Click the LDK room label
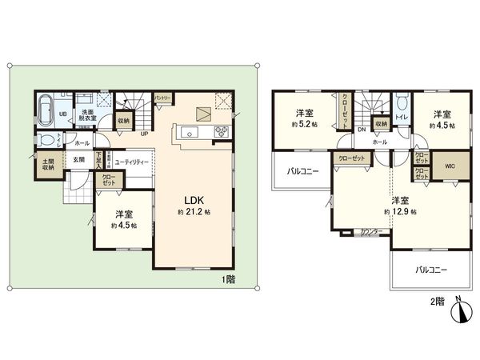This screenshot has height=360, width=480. tap(194, 200)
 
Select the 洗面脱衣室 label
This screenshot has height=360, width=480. tap(87, 114)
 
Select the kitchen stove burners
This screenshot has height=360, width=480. tap(221, 132)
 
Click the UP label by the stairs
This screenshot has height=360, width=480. tap(144, 134)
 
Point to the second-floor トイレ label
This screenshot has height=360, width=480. tap(399, 116)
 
